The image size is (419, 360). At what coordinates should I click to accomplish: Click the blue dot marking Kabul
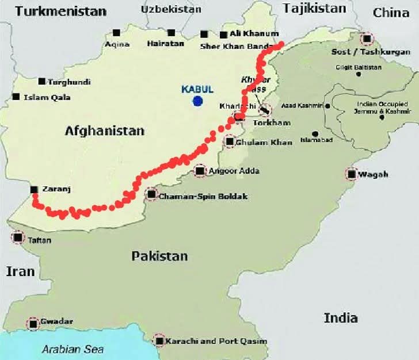[x=198, y=101]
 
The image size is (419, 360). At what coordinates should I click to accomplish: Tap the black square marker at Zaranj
[x=34, y=189]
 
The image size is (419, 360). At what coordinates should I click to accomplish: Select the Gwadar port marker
[x=33, y=324]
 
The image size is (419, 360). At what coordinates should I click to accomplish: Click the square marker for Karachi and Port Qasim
[x=159, y=340]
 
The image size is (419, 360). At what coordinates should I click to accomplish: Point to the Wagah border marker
[x=351, y=174]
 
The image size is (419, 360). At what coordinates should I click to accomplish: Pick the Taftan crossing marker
[x=18, y=237]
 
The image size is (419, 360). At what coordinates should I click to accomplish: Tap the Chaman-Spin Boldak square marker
[x=151, y=195]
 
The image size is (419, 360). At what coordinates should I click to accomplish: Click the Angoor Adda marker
[x=200, y=171]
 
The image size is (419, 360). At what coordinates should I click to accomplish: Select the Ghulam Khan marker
[x=230, y=141]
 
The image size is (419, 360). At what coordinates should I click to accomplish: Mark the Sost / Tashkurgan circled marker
[x=366, y=39]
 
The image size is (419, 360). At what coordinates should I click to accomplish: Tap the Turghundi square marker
[x=41, y=82]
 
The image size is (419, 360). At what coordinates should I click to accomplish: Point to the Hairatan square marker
[x=171, y=33]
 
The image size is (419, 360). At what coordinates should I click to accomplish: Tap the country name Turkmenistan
[x=61, y=11]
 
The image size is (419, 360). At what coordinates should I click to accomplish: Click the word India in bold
[x=340, y=317]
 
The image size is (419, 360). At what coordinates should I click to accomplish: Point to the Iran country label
[x=20, y=271]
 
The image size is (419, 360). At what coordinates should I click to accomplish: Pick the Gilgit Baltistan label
[x=359, y=67]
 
